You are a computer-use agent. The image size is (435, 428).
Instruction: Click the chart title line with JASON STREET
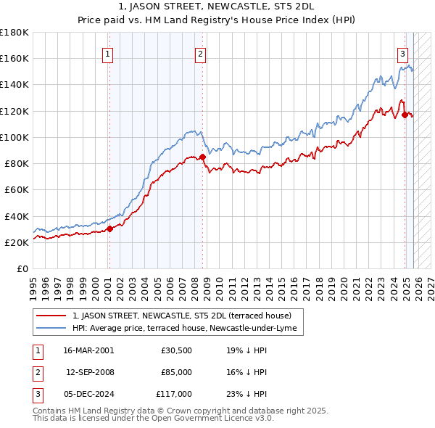(x=217, y=7)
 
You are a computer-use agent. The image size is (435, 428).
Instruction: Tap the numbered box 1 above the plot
(x=107, y=53)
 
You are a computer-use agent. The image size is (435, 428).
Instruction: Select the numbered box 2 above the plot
(x=200, y=53)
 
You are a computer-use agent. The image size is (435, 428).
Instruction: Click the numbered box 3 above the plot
(x=402, y=53)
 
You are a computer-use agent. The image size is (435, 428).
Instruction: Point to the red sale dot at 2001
(x=109, y=229)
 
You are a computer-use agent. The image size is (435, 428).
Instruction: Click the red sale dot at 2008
(x=202, y=157)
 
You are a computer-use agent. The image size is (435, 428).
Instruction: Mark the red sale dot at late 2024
(x=405, y=114)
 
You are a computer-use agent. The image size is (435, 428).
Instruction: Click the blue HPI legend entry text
(x=186, y=329)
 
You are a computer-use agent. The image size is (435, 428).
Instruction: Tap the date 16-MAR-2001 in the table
(x=88, y=350)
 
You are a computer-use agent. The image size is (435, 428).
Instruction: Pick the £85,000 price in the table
(x=176, y=372)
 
